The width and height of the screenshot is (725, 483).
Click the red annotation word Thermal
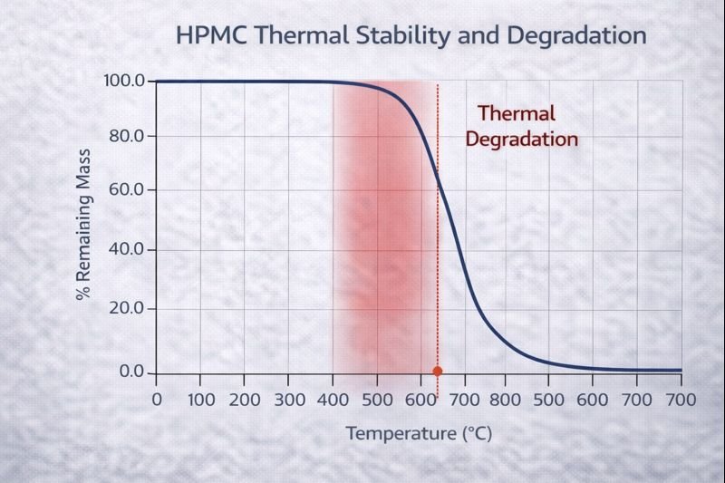[x=516, y=114]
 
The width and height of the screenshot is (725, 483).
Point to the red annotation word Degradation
[x=521, y=140]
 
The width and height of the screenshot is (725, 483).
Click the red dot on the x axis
[x=438, y=371]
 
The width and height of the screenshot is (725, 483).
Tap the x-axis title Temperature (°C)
[x=419, y=433]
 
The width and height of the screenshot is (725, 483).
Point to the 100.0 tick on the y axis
[x=126, y=82]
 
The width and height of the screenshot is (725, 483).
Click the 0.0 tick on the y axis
[x=133, y=372]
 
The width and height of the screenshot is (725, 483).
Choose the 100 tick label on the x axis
[x=201, y=400]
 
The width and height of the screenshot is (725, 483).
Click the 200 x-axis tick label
[x=245, y=400]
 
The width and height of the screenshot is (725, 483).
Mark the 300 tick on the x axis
[x=289, y=400]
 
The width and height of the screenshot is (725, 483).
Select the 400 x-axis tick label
[x=333, y=400]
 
